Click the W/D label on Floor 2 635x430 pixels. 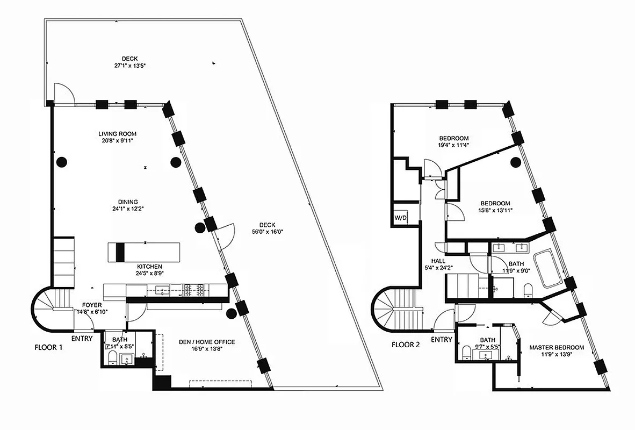(400, 218)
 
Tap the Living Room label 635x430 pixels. (117, 134)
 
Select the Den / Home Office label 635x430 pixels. (207, 342)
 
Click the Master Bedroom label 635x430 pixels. (556, 347)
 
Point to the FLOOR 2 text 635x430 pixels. (406, 345)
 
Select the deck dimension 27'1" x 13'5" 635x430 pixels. (130, 65)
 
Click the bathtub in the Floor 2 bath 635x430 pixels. (547, 267)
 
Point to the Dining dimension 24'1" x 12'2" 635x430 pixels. (121, 209)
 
